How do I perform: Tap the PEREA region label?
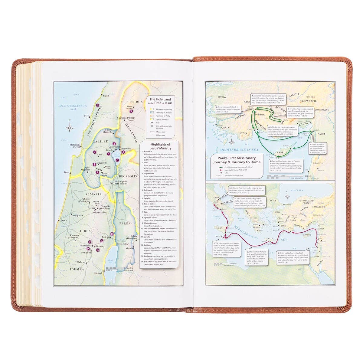[x=125, y=223]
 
